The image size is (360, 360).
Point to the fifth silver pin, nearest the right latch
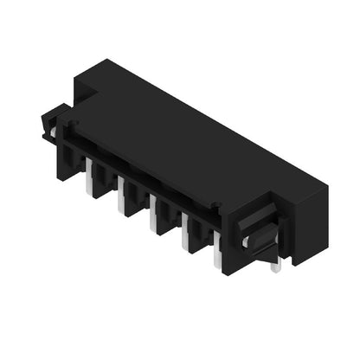click(x=217, y=257)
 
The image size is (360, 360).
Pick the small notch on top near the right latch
click(x=216, y=205)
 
